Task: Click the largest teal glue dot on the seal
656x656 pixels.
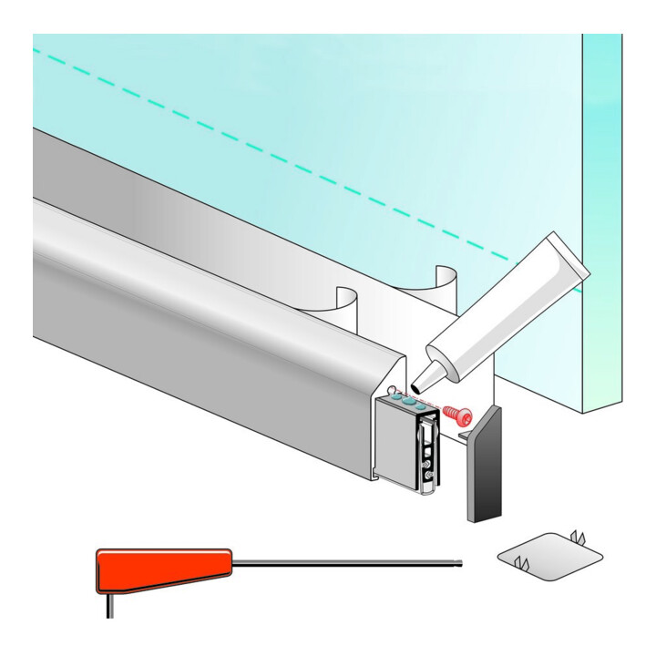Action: [412, 401]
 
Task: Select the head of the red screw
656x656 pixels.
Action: [466, 417]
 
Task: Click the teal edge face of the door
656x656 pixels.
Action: [601, 228]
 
